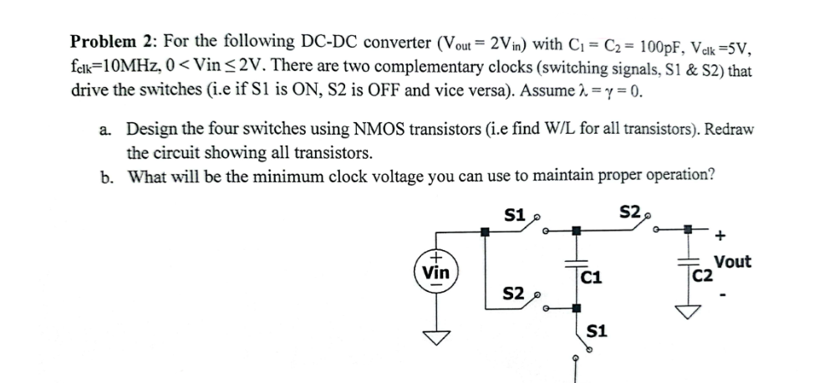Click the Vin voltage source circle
[x=435, y=272]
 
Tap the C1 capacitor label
[x=592, y=278]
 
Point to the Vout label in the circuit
[x=733, y=262]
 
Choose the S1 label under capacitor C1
[x=597, y=334]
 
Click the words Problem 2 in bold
[x=109, y=41]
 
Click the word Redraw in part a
[x=727, y=130]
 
